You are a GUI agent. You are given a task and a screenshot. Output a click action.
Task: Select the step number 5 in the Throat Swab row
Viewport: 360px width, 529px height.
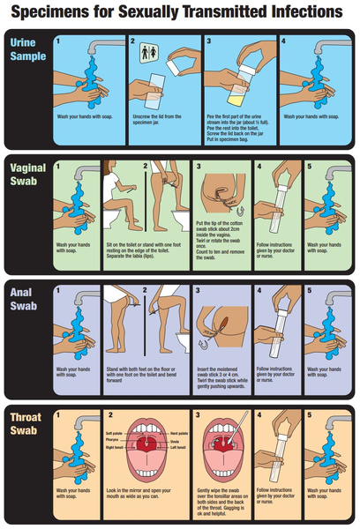coord(308,414)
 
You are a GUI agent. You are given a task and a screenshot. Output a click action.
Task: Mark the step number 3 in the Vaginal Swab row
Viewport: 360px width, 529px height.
coord(199,165)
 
